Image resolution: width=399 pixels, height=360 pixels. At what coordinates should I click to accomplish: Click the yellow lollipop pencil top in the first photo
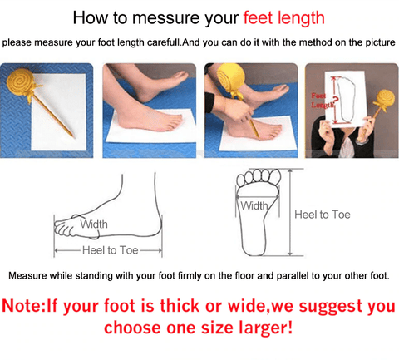click(x=20, y=81)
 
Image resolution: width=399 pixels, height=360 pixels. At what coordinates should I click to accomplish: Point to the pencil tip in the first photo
click(x=73, y=136)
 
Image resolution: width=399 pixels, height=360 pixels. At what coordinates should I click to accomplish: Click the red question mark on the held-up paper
click(x=335, y=101)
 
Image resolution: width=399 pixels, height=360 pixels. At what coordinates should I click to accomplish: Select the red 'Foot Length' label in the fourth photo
click(x=322, y=101)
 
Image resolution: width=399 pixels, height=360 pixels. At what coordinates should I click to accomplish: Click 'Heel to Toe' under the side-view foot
click(x=111, y=250)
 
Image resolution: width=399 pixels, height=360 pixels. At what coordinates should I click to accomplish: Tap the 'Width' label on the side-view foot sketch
click(x=94, y=224)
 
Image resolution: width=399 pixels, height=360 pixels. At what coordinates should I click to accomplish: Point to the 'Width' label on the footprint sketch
click(x=254, y=205)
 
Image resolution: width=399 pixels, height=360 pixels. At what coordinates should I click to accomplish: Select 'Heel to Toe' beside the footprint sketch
click(x=323, y=215)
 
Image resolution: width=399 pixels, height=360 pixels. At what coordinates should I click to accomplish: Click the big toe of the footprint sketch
click(x=275, y=177)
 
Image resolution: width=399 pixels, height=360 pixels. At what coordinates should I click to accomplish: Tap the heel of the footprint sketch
click(x=254, y=248)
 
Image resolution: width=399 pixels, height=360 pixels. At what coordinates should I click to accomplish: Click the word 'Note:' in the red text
click(x=23, y=306)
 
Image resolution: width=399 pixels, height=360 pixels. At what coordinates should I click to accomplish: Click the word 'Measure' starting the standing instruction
click(x=27, y=276)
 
